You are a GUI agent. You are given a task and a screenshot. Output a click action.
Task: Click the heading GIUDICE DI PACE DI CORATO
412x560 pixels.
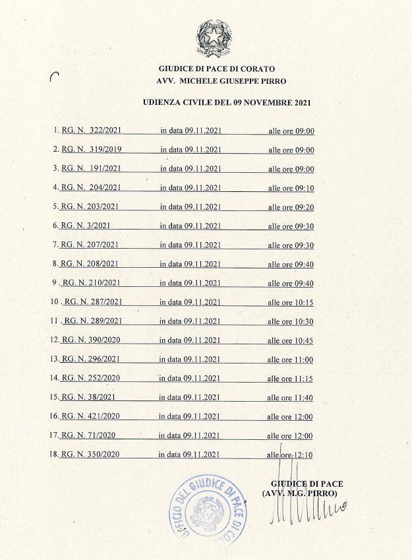coord(217,69)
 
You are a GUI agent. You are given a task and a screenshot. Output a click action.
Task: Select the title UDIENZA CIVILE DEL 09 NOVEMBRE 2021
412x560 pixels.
coord(226,102)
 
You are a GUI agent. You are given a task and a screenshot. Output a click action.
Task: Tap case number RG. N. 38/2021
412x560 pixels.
coord(88,398)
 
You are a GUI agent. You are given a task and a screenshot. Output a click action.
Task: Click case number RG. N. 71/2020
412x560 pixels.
coord(88,435)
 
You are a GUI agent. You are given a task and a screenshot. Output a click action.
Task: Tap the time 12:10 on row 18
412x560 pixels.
coord(303,455)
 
